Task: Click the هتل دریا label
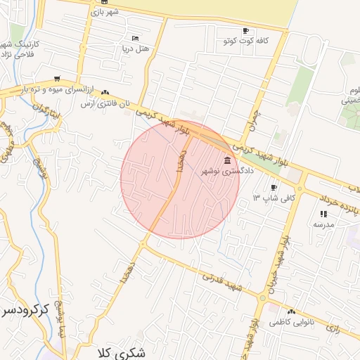coord(133,49)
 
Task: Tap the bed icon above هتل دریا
coord(135,38)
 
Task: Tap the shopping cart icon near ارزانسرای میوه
coord(56,79)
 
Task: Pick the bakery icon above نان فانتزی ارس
coord(105,92)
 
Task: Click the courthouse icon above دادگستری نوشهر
coord(226,162)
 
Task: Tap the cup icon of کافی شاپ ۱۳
coord(274,188)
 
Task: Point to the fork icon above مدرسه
coord(323,214)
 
